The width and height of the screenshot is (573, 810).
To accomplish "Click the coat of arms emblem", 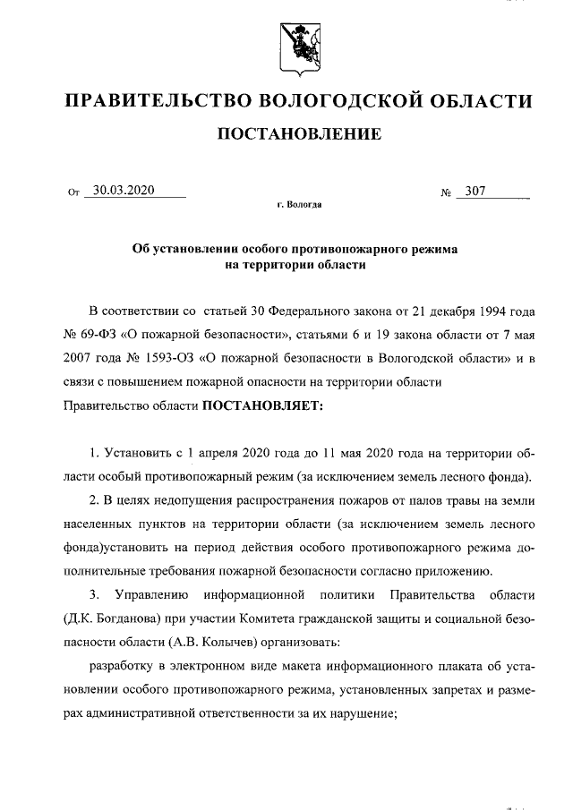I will coord(299,45).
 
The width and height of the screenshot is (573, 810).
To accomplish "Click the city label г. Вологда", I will coord(299,205).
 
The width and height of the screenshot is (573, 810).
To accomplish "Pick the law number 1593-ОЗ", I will coord(164,358).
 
